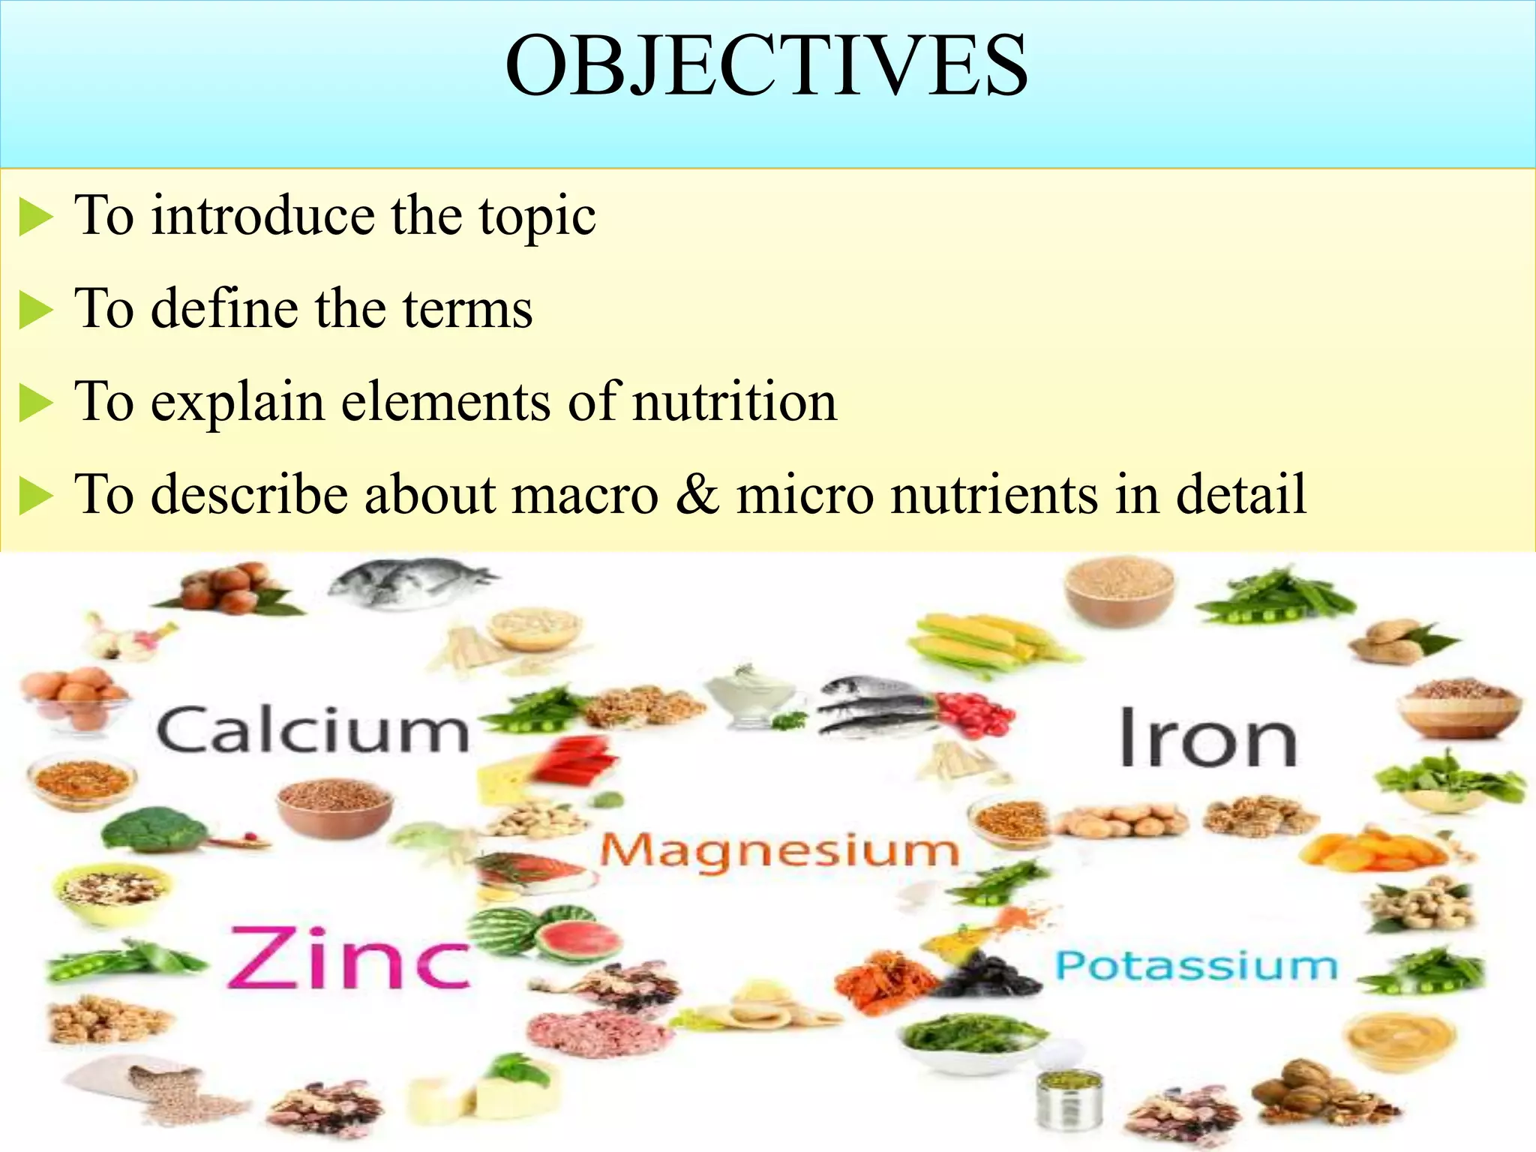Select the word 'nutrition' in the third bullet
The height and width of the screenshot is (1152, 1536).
click(735, 402)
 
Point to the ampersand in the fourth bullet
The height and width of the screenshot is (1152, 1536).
click(697, 494)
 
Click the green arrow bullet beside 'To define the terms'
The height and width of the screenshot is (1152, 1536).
click(35, 310)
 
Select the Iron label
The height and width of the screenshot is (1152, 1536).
click(1207, 738)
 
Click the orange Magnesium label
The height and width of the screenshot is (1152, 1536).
click(780, 852)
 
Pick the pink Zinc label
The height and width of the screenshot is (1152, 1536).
click(349, 958)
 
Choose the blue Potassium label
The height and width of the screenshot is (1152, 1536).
click(1196, 965)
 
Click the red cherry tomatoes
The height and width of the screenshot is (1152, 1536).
click(975, 713)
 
